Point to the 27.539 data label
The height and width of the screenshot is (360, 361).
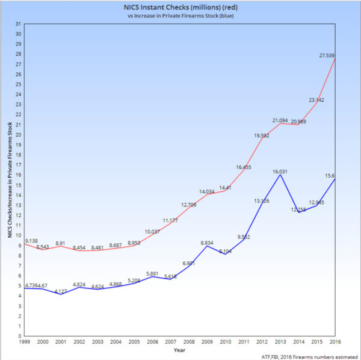pos(327,55)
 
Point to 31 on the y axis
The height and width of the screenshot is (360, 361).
pos(19,23)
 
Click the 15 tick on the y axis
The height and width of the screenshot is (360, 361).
pos(19,185)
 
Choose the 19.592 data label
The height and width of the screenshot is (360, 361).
pos(261,135)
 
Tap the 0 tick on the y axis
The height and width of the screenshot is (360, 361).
pos(20,336)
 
